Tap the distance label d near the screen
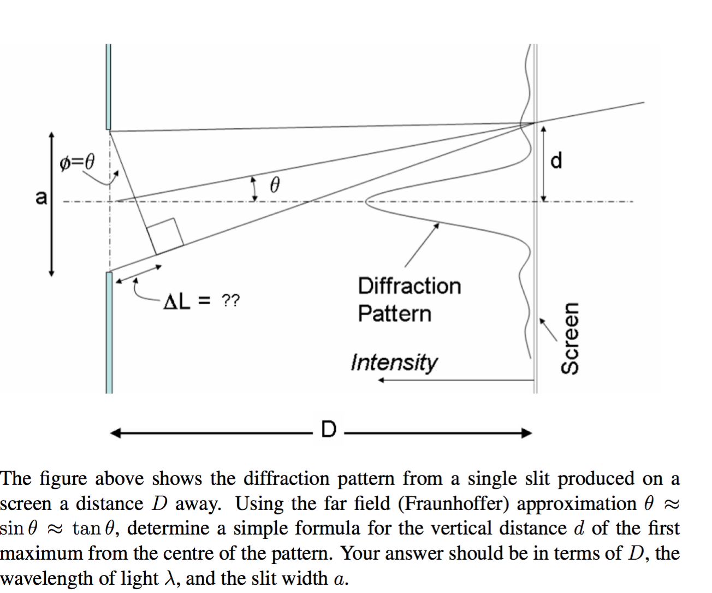(556, 161)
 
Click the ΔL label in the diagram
(177, 301)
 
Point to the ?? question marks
(230, 300)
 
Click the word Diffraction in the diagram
(409, 286)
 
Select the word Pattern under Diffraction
(394, 313)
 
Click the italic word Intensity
(394, 361)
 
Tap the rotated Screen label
(570, 339)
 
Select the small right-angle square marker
(165, 235)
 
